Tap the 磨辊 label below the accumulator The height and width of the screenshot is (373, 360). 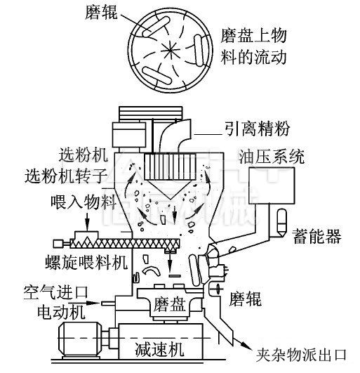click(x=245, y=300)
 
